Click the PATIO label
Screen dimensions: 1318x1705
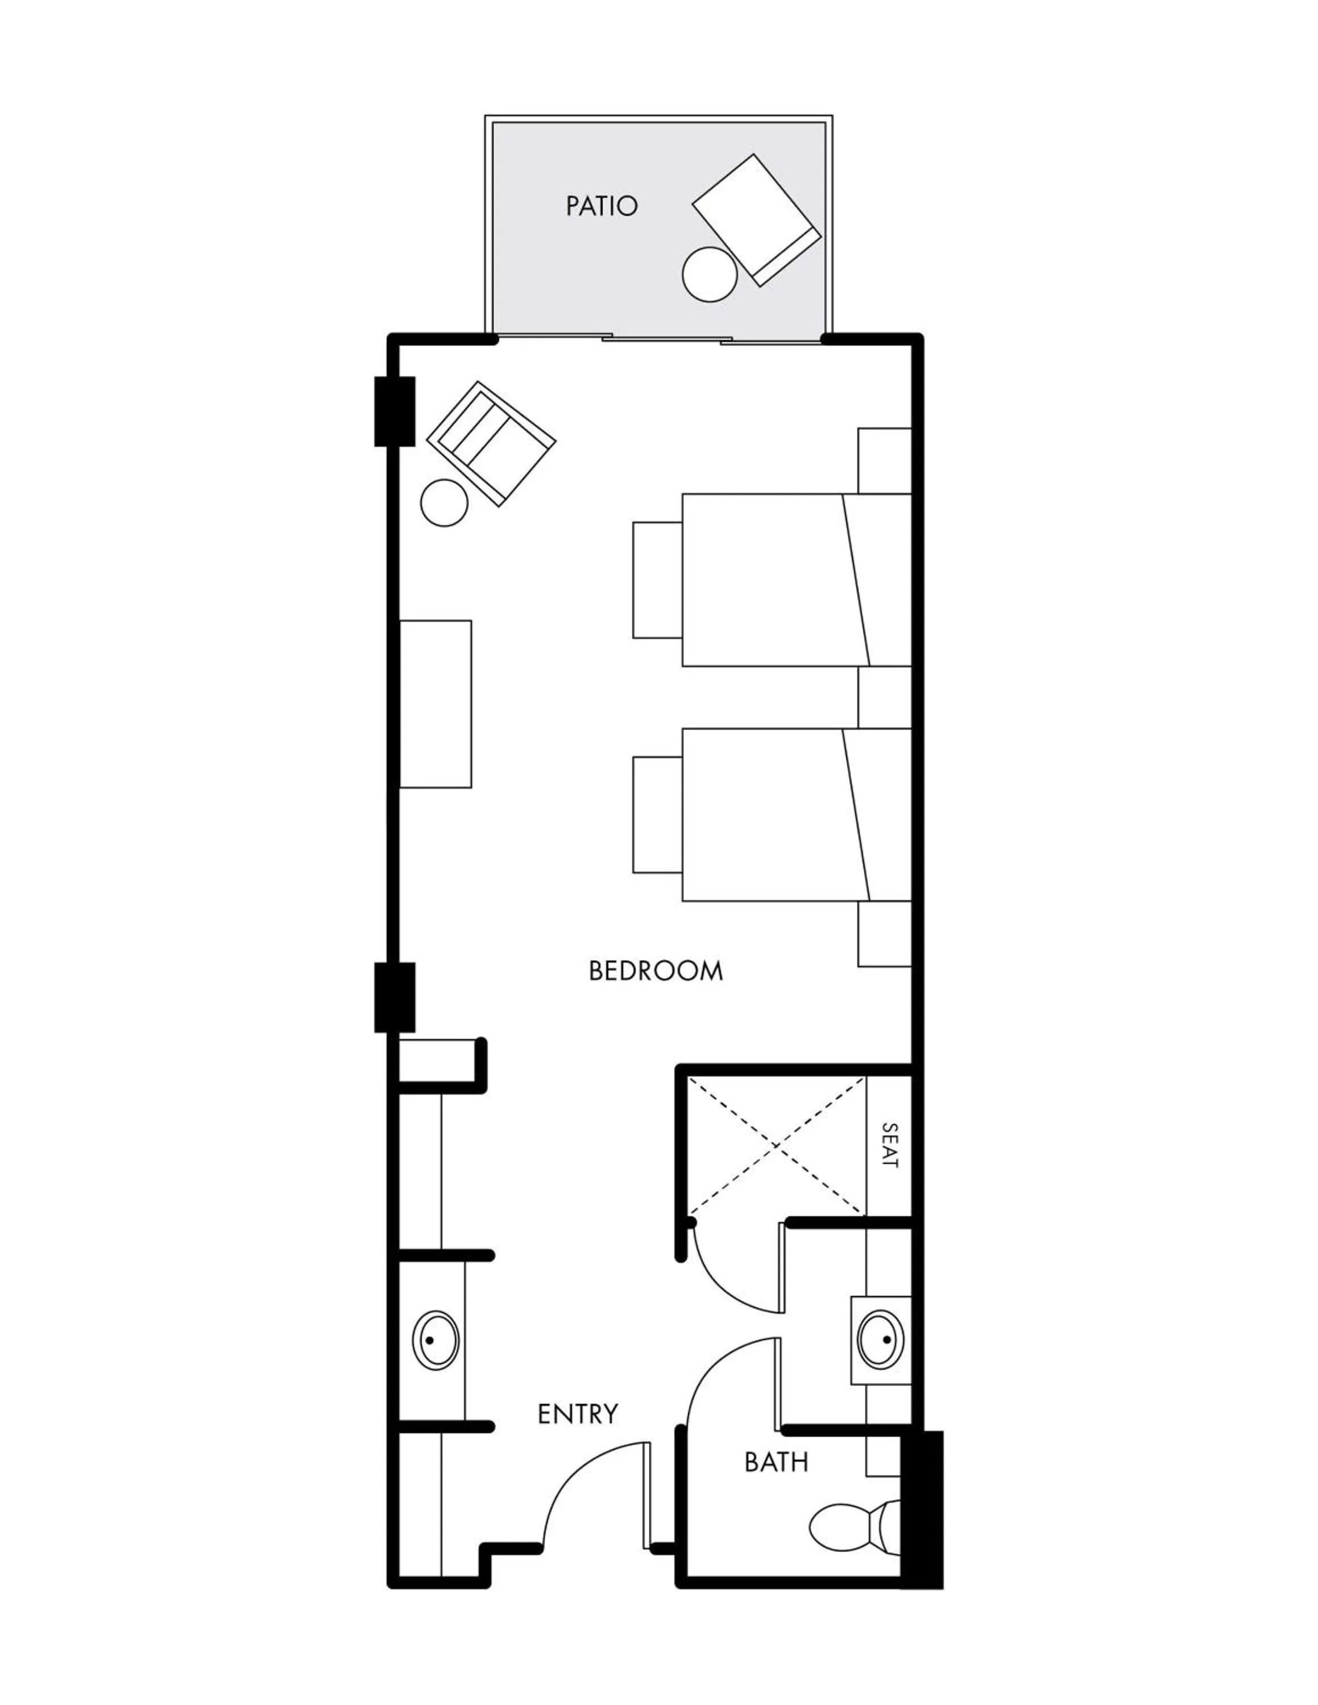pyautogui.click(x=601, y=206)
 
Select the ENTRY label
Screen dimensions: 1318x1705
pyautogui.click(x=578, y=1414)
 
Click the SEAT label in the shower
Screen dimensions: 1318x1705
pyautogui.click(x=889, y=1145)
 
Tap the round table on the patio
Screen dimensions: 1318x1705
pyautogui.click(x=709, y=274)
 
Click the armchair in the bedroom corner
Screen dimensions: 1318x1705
pyautogui.click(x=491, y=443)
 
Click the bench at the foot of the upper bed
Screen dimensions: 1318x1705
pyautogui.click(x=657, y=580)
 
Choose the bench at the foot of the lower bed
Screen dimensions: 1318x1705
pyautogui.click(x=657, y=814)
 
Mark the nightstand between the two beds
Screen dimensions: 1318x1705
pyautogui.click(x=885, y=697)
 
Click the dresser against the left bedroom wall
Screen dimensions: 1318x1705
pyautogui.click(x=436, y=704)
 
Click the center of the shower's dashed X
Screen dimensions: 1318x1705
pyautogui.click(x=776, y=1145)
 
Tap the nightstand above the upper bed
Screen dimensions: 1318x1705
pyautogui.click(x=885, y=460)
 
